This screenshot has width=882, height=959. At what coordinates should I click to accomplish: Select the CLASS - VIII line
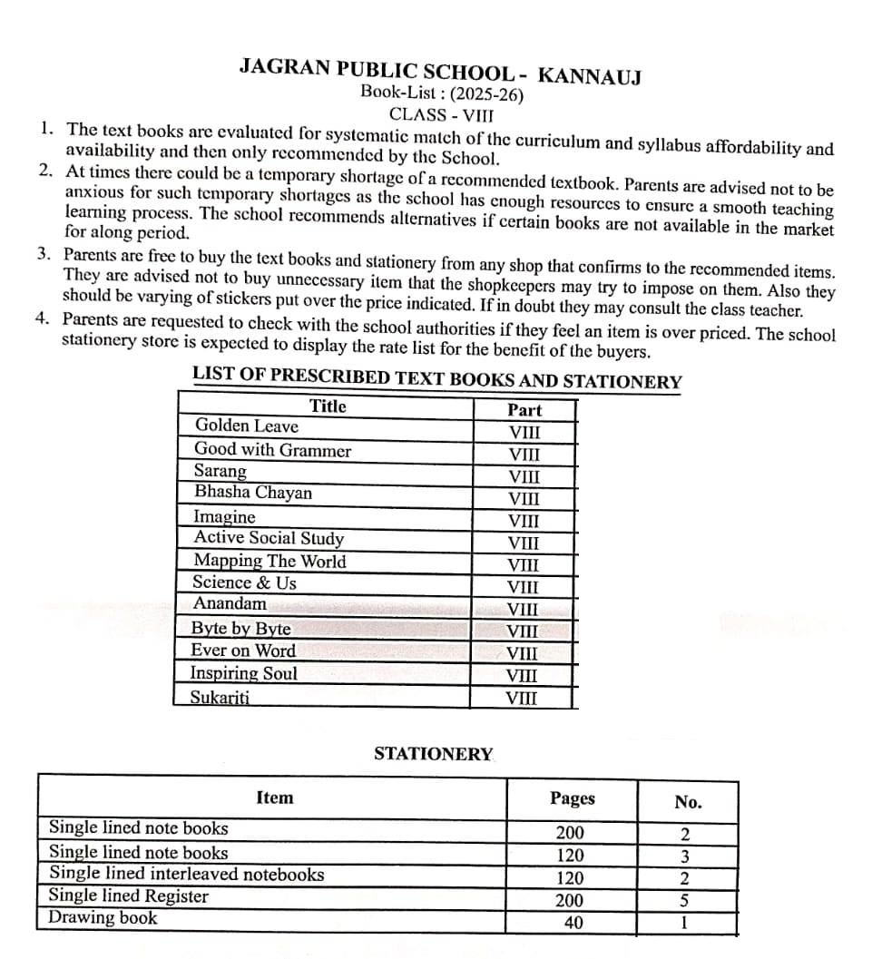pyautogui.click(x=442, y=114)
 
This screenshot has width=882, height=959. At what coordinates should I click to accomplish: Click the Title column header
pyautogui.click(x=328, y=406)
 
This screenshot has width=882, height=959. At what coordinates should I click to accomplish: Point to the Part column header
pyautogui.click(x=524, y=410)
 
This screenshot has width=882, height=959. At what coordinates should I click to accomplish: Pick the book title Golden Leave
pyautogui.click(x=246, y=426)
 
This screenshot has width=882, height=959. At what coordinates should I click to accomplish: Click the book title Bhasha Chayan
pyautogui.click(x=252, y=493)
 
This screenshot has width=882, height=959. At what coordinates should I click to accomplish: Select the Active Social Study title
pyautogui.click(x=269, y=538)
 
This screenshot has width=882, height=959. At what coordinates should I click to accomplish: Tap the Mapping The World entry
pyautogui.click(x=269, y=561)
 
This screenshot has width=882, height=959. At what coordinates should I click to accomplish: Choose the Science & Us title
pyautogui.click(x=244, y=582)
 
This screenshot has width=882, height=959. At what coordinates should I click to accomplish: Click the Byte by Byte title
pyautogui.click(x=240, y=629)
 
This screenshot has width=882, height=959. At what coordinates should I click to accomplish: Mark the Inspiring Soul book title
pyautogui.click(x=243, y=673)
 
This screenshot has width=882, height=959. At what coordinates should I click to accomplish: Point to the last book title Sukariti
pyautogui.click(x=220, y=697)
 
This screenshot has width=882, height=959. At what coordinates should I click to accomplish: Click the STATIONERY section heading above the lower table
pyautogui.click(x=434, y=754)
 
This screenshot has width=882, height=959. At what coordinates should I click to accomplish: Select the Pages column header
pyautogui.click(x=573, y=798)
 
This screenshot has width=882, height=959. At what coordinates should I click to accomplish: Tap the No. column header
pyautogui.click(x=688, y=802)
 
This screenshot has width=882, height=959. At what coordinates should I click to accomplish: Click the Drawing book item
pyautogui.click(x=103, y=917)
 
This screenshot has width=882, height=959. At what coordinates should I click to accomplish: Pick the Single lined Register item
pyautogui.click(x=128, y=896)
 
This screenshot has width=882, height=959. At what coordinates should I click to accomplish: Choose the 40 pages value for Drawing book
pyautogui.click(x=573, y=923)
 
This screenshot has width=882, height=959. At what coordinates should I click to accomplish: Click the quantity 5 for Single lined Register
pyautogui.click(x=685, y=901)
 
